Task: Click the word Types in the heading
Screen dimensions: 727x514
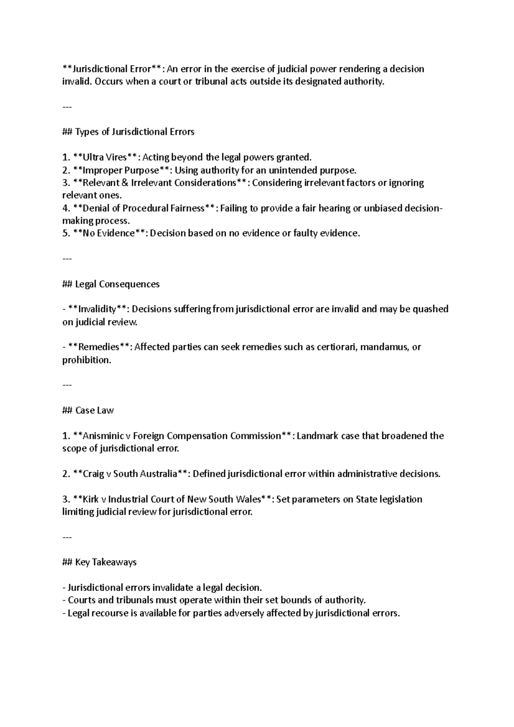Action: pyautogui.click(x=87, y=132)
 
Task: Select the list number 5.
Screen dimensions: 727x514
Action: pyautogui.click(x=66, y=233)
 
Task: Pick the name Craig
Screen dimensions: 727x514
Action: pyautogui.click(x=93, y=474)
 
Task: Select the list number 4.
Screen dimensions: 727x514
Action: pyautogui.click(x=66, y=208)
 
